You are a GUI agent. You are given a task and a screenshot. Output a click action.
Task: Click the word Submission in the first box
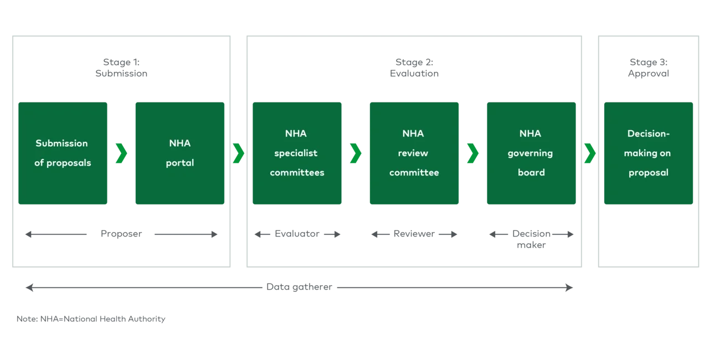[61, 143]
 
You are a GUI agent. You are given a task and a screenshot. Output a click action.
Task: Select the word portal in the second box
[179, 163]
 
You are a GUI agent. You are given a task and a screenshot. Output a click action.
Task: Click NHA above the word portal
[179, 143]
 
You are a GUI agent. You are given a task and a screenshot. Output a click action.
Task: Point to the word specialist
[296, 153]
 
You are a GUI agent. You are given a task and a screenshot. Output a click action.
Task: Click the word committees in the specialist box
[296, 172]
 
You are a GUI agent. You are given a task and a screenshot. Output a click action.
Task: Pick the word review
[414, 153]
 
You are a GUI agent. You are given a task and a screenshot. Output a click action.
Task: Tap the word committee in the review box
[414, 172]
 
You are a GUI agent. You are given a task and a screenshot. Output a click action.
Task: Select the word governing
[531, 153]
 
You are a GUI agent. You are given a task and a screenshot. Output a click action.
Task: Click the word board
[531, 172]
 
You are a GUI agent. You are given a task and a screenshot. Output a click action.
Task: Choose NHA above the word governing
[531, 133]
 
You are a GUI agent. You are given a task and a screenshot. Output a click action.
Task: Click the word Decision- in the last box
[648, 133]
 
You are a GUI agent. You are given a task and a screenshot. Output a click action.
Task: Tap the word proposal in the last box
[648, 172]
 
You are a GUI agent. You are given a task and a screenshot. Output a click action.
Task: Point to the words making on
[648, 153]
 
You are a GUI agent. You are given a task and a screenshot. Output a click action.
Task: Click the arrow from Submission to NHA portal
[121, 153]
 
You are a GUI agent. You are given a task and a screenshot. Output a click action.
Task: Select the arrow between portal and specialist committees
[238, 153]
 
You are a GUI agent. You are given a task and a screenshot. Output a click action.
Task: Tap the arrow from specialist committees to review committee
[356, 153]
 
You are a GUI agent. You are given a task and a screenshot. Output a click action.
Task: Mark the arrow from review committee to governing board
[472, 153]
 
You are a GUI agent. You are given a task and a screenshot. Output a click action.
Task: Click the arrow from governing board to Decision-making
[590, 153]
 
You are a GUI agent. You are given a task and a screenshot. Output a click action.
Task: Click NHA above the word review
[414, 133]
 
